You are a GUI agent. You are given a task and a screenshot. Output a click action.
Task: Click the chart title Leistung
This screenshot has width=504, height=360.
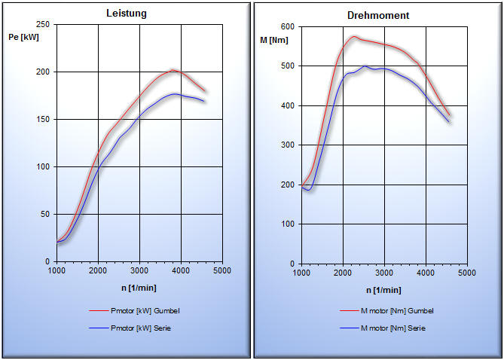tap(126, 14)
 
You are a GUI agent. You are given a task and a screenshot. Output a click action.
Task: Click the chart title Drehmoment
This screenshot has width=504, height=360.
tap(378, 15)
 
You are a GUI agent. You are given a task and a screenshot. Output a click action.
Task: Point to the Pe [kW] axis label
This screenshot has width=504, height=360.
tap(24, 37)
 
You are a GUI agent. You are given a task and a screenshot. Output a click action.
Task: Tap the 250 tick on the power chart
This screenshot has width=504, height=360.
tap(43, 25)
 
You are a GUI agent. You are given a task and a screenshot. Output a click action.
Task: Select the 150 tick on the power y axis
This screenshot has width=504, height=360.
tap(43, 120)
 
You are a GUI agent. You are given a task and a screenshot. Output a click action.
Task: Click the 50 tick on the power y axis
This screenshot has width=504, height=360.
tap(45, 215)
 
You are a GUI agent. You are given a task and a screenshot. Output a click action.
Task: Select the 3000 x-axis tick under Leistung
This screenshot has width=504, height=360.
tap(139, 270)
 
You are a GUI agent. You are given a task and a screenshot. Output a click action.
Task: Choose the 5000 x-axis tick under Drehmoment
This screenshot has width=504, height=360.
tap(466, 273)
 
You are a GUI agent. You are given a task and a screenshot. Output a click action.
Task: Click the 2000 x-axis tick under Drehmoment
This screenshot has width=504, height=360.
tap(343, 273)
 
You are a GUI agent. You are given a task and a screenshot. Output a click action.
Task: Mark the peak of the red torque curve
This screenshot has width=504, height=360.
tap(354, 36)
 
